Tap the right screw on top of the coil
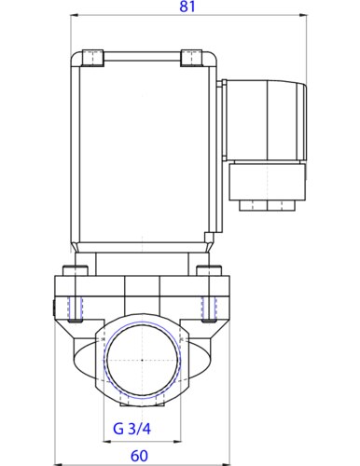coord(190,57)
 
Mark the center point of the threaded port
coord(140,360)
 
